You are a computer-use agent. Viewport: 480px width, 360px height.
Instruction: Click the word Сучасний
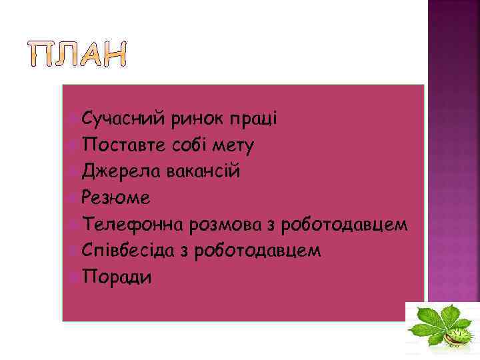tap(123, 119)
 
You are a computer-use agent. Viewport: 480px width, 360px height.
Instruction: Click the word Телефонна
tap(133, 224)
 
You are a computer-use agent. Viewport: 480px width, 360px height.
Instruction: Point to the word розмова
tap(225, 224)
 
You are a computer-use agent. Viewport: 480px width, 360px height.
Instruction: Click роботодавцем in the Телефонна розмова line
tap(344, 225)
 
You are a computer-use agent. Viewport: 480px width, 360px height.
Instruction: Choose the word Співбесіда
tap(129, 251)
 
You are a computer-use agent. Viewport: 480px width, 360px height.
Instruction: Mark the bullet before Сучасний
tap(73, 119)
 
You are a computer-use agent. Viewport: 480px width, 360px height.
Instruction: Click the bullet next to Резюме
tap(73, 198)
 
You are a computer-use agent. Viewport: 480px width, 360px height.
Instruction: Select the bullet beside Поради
tap(73, 277)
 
